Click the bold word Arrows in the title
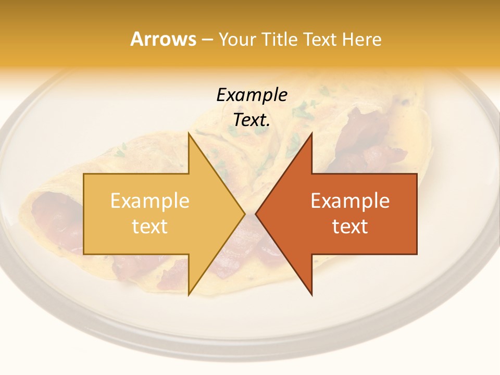[x=164, y=39]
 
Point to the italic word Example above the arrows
[x=252, y=95]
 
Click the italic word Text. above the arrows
[x=252, y=120]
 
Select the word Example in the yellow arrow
[x=150, y=201]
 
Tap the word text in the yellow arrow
[x=150, y=226]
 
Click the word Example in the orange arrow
[x=350, y=201]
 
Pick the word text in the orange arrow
[x=350, y=226]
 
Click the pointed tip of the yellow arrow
[x=245, y=214]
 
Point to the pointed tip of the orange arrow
[x=256, y=214]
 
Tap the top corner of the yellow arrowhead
[x=189, y=133]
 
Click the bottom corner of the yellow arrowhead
[x=189, y=295]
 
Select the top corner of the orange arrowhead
[x=311, y=133]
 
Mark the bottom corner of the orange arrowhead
[x=311, y=295]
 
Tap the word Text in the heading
[x=320, y=40]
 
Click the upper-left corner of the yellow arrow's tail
[x=84, y=174]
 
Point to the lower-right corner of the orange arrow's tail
[x=417, y=254]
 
